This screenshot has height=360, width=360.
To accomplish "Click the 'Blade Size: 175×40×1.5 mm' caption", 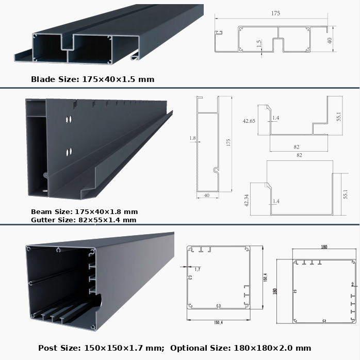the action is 92,79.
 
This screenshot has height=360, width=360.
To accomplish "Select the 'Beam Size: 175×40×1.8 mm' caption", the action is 84,211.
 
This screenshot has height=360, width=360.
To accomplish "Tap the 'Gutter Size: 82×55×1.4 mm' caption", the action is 84,220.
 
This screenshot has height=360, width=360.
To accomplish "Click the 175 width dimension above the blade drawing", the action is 275,13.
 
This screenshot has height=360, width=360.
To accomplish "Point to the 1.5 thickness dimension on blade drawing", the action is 259,44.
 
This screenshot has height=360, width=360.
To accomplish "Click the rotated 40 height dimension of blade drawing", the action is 330,41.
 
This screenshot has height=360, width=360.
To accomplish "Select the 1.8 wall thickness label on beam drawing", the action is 192,138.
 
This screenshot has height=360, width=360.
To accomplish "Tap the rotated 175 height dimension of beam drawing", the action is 228,142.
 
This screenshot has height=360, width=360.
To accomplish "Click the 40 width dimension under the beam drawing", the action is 207,195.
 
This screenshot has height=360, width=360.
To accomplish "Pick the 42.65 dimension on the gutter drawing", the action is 249,121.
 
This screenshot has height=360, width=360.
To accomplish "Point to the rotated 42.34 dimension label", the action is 247,200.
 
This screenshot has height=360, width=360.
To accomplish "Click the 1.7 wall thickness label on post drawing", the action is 197,269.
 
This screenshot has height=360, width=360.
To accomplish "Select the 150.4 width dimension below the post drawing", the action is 218,322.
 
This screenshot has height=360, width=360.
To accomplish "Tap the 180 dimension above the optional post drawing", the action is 324,247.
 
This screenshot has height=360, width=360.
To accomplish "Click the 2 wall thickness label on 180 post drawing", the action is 353,285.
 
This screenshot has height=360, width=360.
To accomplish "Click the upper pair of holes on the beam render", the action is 69,119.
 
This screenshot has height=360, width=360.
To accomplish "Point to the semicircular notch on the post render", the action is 99,301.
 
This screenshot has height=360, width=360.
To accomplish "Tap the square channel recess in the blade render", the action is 68,42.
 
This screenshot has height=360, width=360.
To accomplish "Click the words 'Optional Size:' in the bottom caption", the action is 200,348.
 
